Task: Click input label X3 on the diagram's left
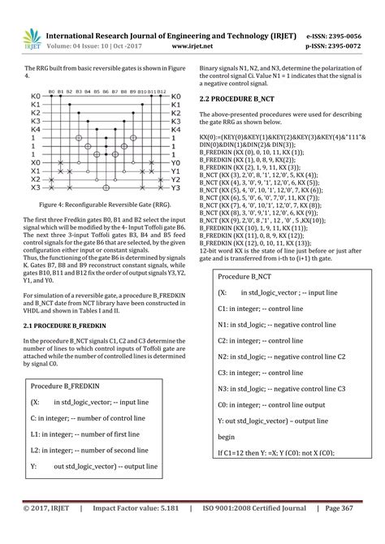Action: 35,188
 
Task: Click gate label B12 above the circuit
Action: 162,93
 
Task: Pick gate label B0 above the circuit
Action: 52,93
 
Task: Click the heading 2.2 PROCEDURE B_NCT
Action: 240,98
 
